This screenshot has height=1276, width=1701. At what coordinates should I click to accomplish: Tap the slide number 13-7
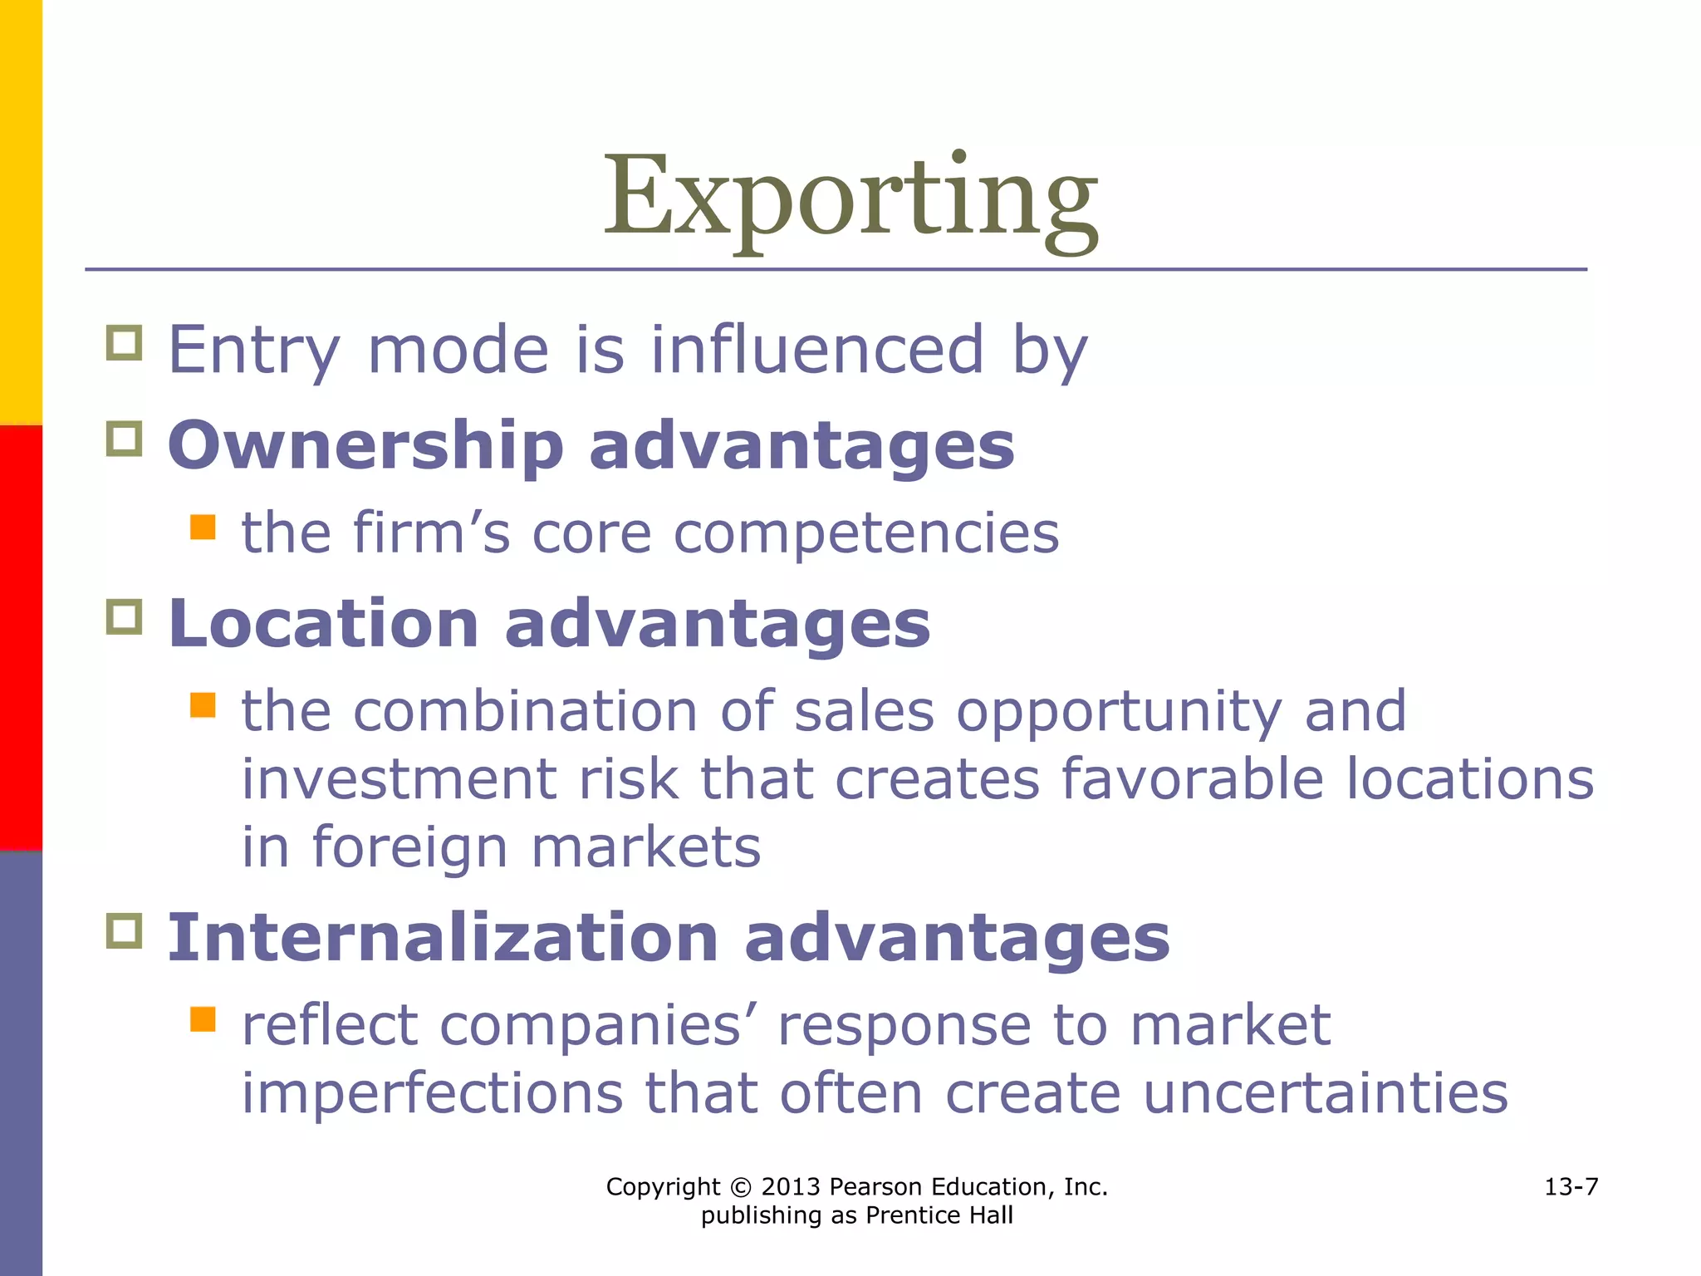(1571, 1186)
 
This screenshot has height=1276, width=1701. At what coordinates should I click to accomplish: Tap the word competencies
(866, 532)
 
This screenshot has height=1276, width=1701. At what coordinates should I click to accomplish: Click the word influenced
(817, 350)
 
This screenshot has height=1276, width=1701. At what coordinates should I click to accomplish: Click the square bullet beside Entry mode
(125, 342)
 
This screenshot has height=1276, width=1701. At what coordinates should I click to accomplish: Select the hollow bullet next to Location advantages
(125, 616)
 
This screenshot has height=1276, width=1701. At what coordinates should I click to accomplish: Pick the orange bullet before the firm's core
(203, 527)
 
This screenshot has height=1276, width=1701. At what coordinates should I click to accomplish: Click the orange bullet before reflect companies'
(203, 1018)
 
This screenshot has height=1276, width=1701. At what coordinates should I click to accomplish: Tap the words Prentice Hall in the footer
(939, 1215)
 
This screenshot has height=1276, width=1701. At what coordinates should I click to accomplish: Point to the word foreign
(409, 848)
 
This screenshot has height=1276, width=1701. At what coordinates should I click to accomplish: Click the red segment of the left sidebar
(21, 638)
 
